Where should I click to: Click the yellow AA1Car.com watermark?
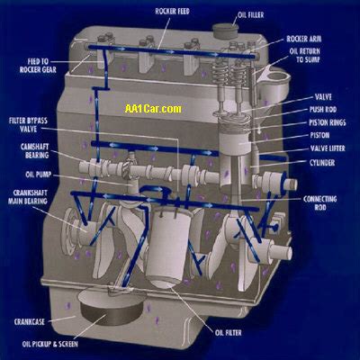tap(153, 109)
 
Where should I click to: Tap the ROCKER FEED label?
tap(173, 12)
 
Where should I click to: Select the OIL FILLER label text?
tap(250, 14)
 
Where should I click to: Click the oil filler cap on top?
tap(226, 31)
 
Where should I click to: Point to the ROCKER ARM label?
tap(304, 39)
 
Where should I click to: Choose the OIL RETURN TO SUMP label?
tap(305, 56)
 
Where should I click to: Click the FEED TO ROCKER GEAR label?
tap(38, 66)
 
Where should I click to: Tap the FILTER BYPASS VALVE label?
tap(28, 125)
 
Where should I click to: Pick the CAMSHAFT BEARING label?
tap(34, 151)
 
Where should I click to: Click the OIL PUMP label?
tap(39, 175)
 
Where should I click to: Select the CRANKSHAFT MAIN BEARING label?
tap(28, 197)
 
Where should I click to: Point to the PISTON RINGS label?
tap(328, 122)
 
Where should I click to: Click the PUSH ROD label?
tap(323, 110)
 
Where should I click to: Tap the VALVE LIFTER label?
tap(328, 148)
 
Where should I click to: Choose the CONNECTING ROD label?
tap(319, 203)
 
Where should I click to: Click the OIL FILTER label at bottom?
tap(229, 333)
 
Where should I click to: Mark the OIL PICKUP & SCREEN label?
tap(50, 344)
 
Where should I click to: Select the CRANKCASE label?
tap(30, 322)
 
